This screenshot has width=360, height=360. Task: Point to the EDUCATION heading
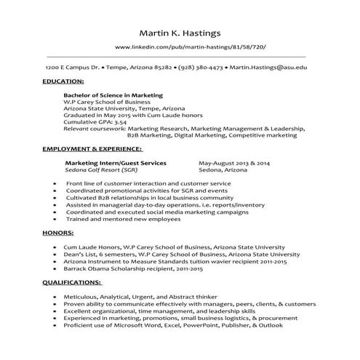click(63, 81)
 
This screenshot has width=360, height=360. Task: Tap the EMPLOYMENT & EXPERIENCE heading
click(92, 148)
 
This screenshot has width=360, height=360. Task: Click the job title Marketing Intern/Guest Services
click(116, 163)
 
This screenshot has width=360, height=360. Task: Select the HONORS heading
click(57, 233)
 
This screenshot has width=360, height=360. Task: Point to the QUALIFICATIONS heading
click(72, 281)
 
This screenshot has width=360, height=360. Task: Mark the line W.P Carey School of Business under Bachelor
click(106, 102)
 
